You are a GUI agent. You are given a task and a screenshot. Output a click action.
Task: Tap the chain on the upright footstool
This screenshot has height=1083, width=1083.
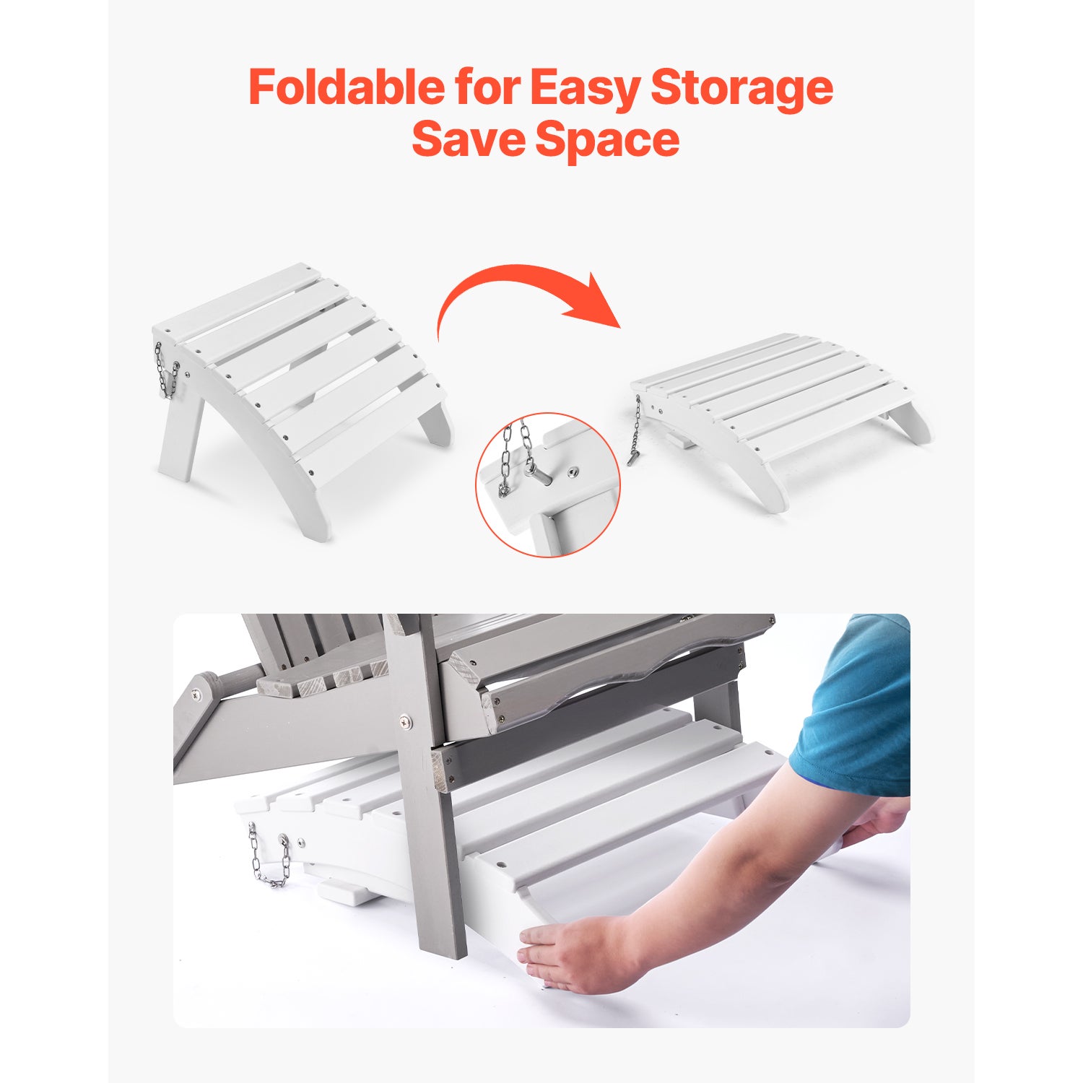pyautogui.click(x=166, y=370)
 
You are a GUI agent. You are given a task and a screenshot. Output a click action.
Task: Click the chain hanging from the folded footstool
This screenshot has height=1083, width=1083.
pyautogui.click(x=635, y=431)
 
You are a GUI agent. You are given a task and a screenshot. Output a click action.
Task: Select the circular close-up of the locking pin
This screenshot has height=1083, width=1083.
pyautogui.click(x=548, y=485)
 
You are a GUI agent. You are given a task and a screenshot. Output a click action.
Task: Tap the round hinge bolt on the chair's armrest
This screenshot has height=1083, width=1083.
pyautogui.click(x=197, y=695)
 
